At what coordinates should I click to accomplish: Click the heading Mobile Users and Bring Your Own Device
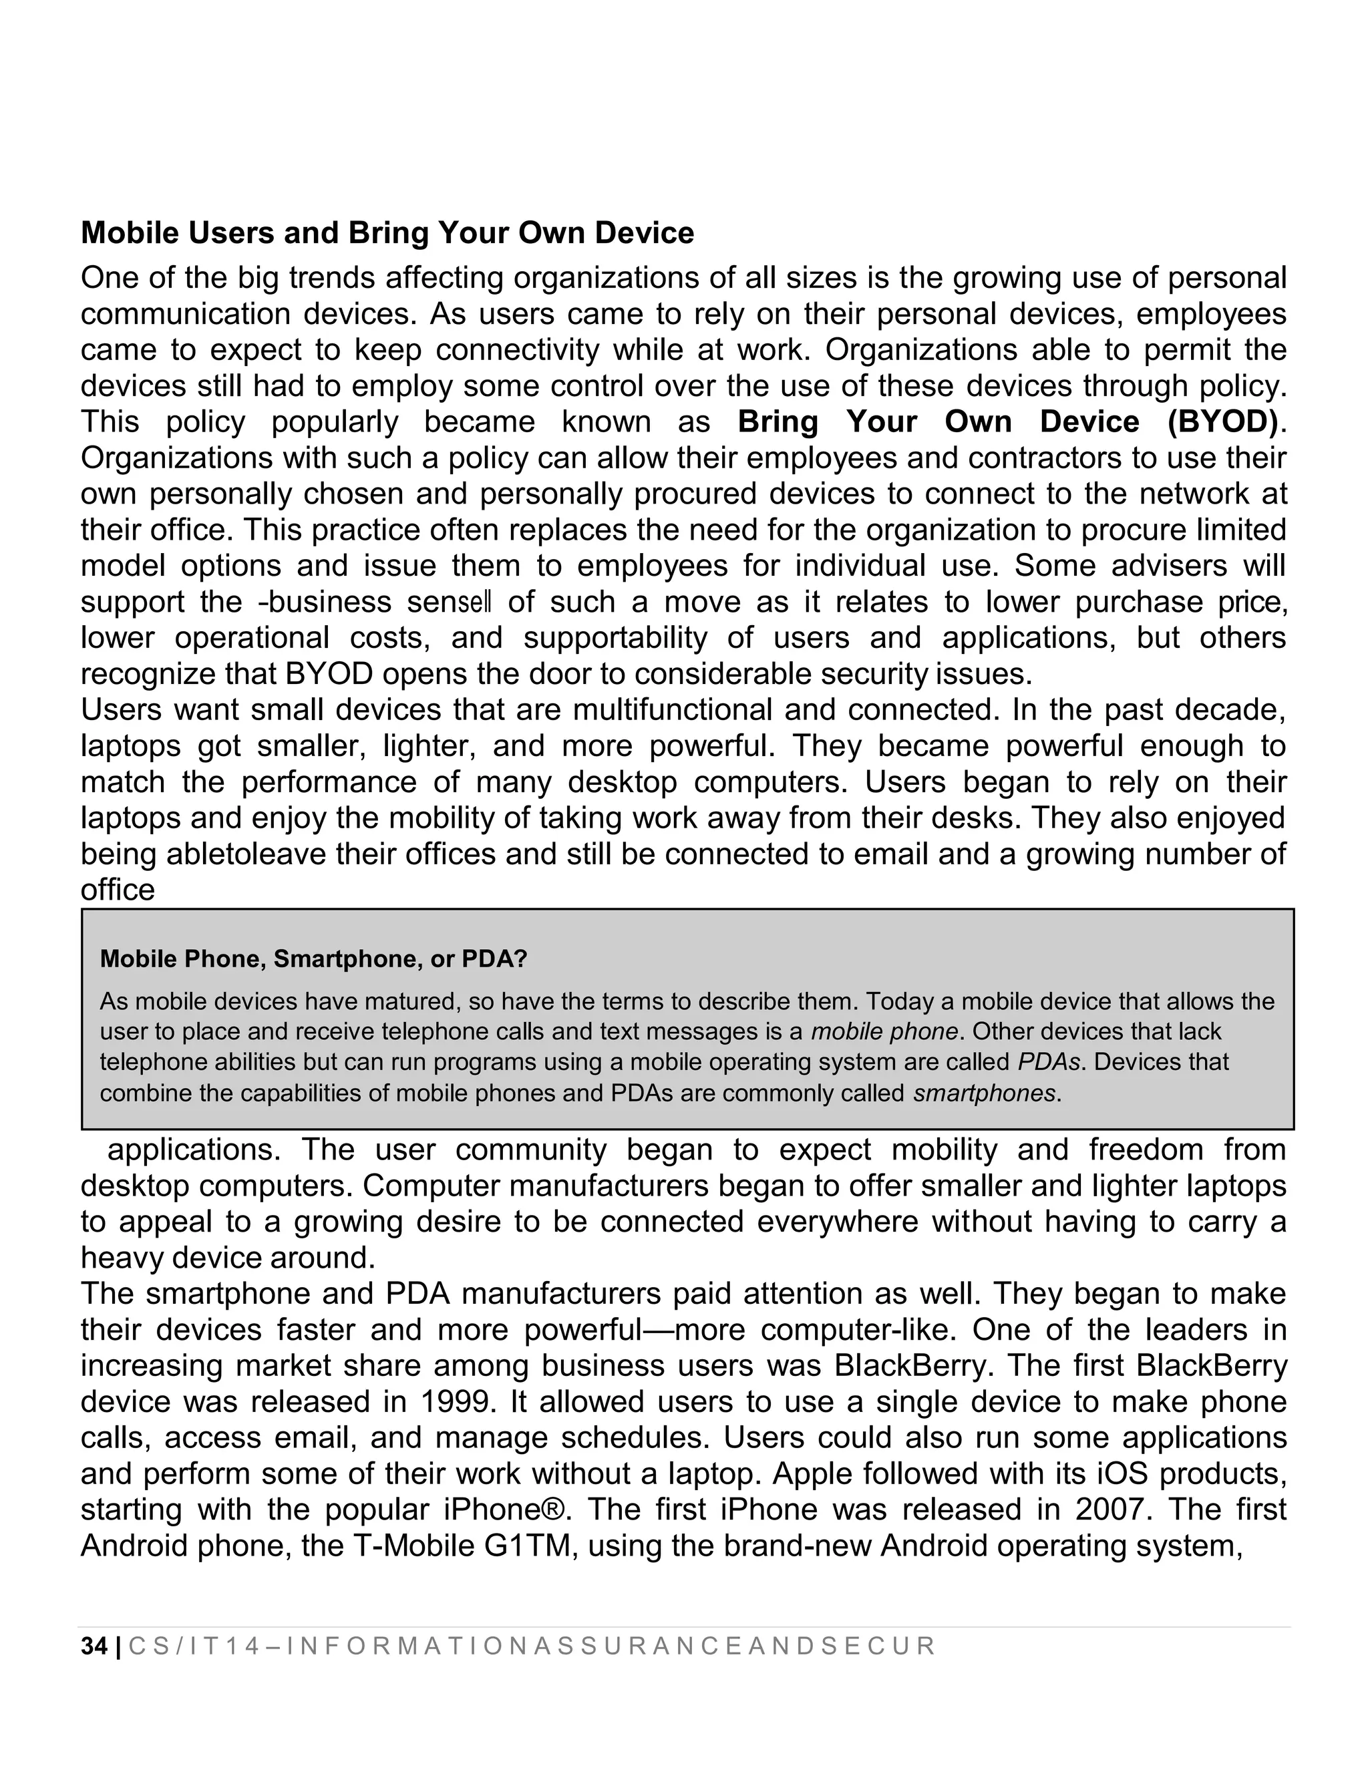point(387,233)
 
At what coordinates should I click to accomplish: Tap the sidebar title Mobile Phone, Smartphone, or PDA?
point(313,960)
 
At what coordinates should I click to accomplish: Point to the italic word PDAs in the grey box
point(1044,1063)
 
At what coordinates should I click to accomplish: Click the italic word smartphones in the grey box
point(985,1094)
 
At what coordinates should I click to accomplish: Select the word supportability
point(615,639)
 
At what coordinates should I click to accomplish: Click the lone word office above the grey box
point(118,890)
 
